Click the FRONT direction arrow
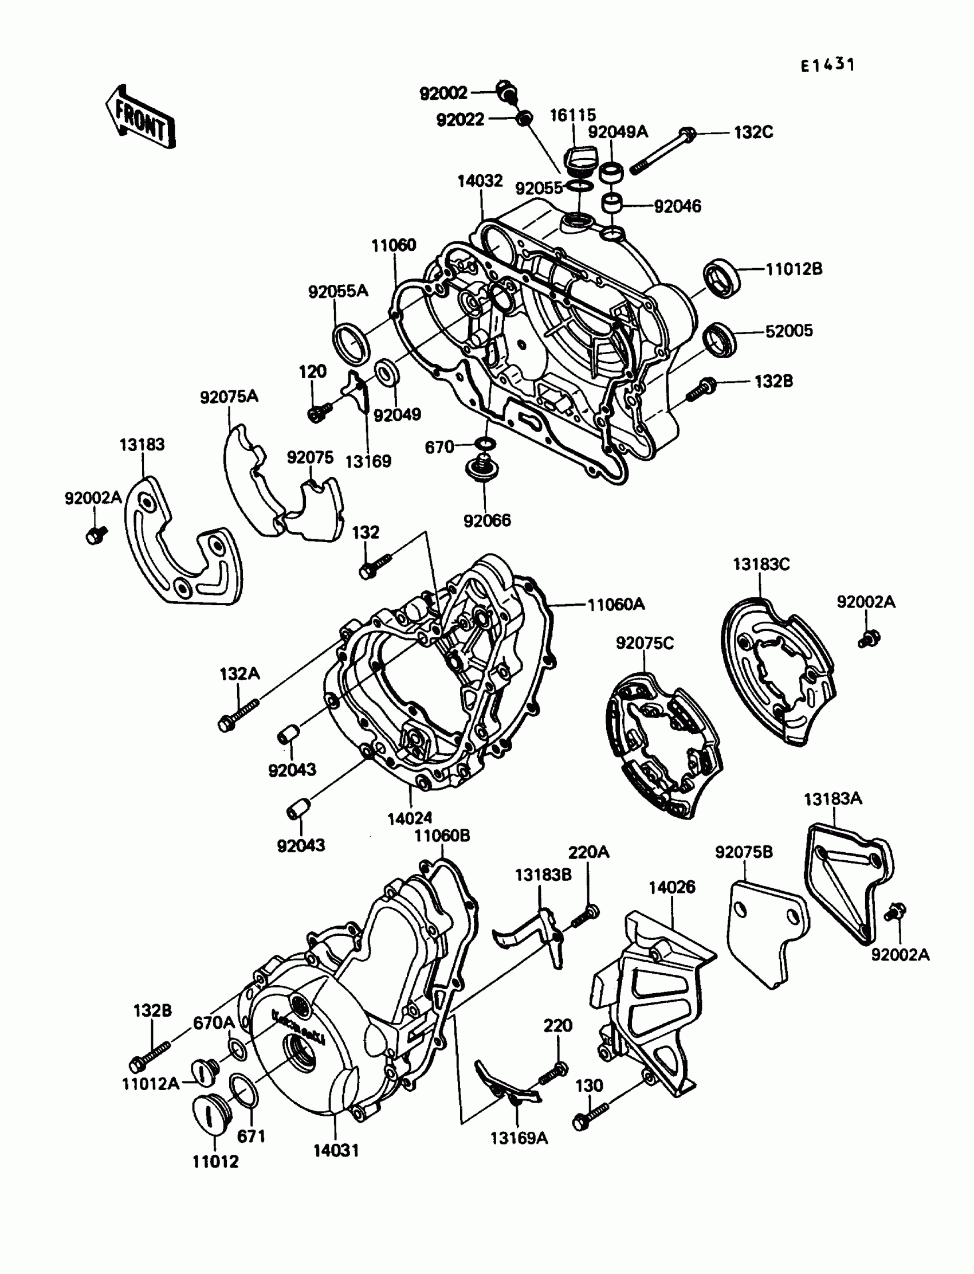140,117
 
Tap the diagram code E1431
827,65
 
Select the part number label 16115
572,115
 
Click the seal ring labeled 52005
720,339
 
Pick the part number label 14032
480,182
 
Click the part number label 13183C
761,565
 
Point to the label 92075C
645,643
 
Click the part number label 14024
410,818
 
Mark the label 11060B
442,836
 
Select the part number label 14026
672,887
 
